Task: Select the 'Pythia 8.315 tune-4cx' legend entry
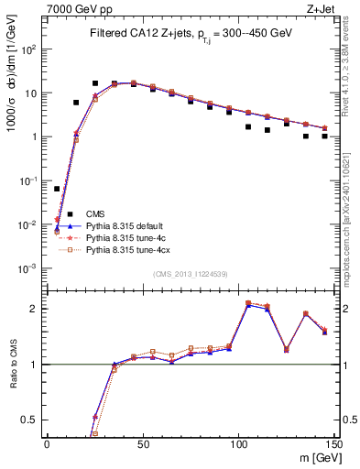pos(129,249)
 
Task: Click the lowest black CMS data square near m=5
pos(57,189)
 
